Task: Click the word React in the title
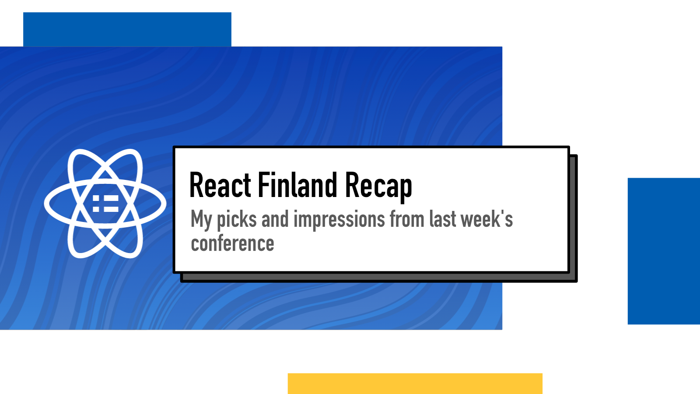pos(220,185)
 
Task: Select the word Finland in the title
pos(297,185)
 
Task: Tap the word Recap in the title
pos(379,187)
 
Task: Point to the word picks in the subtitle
pos(237,219)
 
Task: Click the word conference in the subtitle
pos(232,243)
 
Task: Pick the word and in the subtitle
pos(275,218)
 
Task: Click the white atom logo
pos(105,204)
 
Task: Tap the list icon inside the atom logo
pos(105,204)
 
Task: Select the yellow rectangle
pos(415,383)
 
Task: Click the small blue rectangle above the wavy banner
pos(127,29)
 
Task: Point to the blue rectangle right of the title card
pos(664,251)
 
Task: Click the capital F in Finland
pos(264,185)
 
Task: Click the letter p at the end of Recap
pos(405,190)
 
